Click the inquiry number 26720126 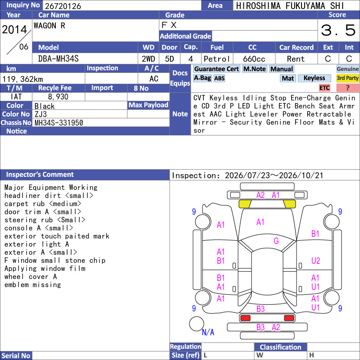63,6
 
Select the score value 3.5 338,30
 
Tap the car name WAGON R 49,26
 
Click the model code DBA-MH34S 58,59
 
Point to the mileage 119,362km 22,79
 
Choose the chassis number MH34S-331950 59,123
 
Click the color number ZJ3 40,114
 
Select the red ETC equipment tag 324,88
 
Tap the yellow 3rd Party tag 347,78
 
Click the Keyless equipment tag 314,78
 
